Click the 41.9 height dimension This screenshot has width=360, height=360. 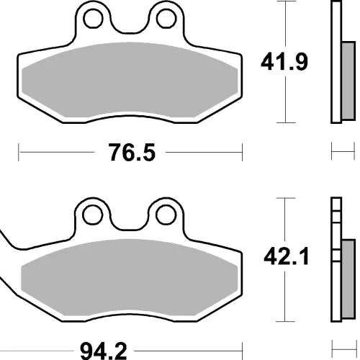284,62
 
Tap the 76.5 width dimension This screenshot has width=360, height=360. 132,152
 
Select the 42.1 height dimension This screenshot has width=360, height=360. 286,257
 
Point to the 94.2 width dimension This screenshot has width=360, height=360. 103,351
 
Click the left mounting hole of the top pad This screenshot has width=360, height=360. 93,19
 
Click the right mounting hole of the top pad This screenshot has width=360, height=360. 166,19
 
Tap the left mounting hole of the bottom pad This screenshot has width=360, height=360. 92,215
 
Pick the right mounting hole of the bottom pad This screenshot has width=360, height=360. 166,215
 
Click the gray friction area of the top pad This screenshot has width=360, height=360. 130,80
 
